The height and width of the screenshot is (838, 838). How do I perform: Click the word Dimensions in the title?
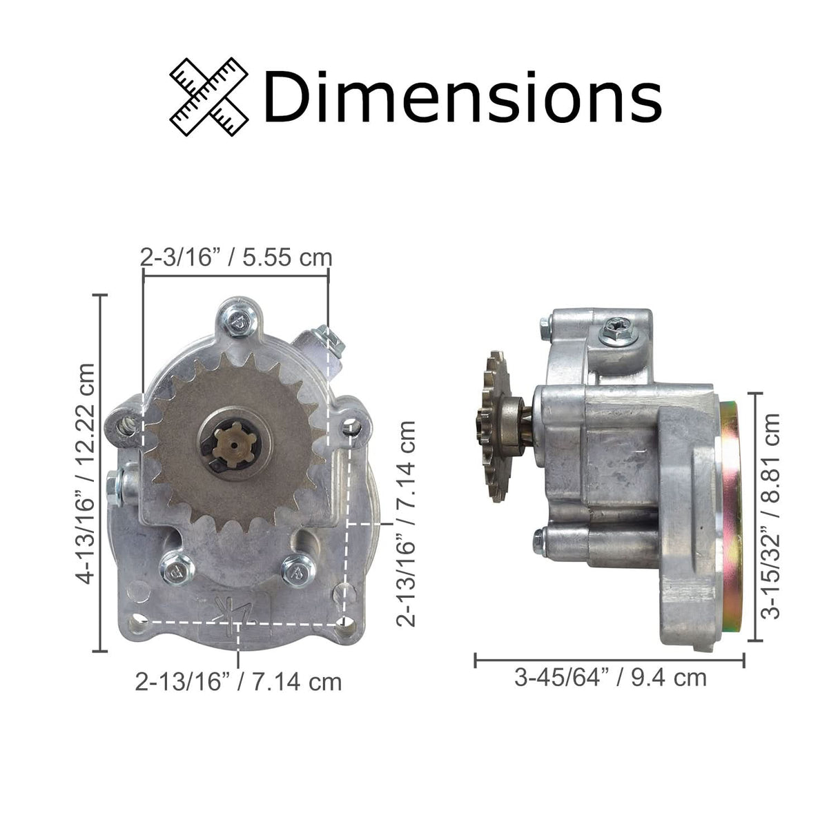click(x=461, y=97)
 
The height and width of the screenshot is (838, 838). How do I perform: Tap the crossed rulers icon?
click(x=209, y=97)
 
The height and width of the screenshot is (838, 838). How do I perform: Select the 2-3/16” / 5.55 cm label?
click(x=236, y=257)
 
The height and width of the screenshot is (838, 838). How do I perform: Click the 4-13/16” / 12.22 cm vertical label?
click(x=86, y=473)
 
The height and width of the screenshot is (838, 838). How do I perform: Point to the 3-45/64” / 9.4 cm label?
click(x=610, y=677)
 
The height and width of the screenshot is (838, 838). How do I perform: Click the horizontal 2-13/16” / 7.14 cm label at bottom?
click(x=239, y=682)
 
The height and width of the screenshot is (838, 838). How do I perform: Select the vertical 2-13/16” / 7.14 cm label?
click(x=407, y=523)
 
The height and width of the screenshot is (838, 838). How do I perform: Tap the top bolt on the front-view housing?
click(x=240, y=320)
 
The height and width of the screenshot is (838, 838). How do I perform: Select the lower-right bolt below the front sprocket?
click(x=298, y=570)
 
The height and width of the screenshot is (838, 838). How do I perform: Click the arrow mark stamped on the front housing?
click(x=231, y=610)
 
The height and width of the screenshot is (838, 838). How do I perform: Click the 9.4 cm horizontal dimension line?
click(x=610, y=660)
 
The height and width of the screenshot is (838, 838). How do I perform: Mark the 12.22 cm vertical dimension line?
click(x=103, y=473)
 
